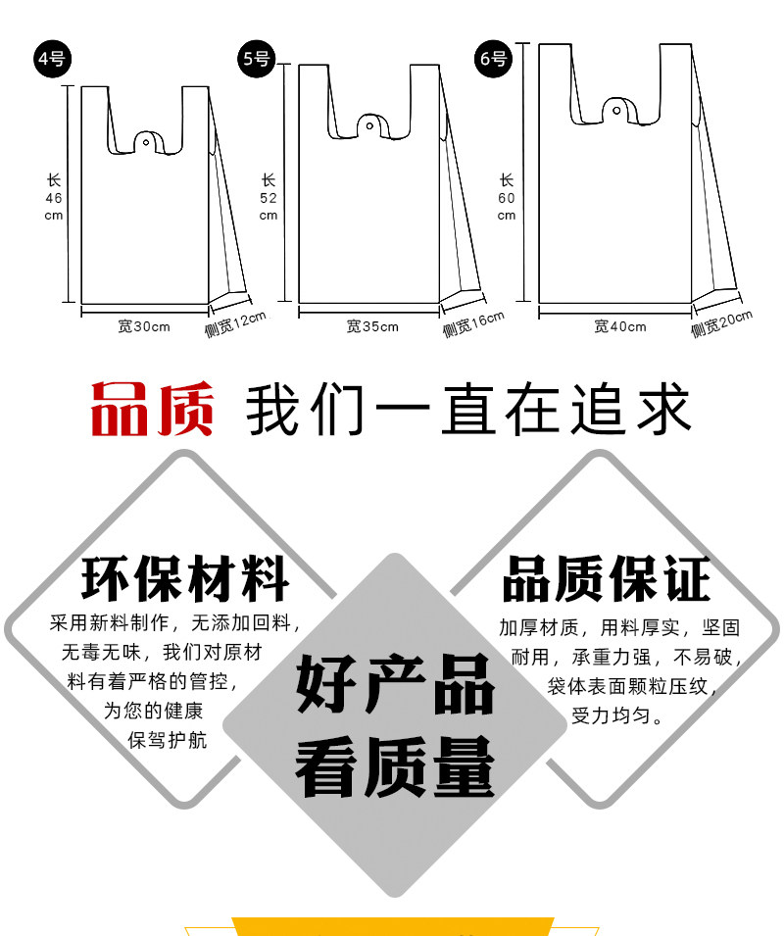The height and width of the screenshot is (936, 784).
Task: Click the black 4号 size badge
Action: click(52, 59)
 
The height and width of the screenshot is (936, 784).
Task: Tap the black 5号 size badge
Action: click(257, 59)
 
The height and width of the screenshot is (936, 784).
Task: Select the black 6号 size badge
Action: click(493, 59)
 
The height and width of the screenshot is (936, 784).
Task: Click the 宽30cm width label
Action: click(144, 326)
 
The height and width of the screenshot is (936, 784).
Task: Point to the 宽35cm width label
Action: click(372, 326)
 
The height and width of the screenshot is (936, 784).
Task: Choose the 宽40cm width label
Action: click(620, 326)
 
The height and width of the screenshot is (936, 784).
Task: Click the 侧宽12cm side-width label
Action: click(235, 323)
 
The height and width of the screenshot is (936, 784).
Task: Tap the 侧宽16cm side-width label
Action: click(473, 323)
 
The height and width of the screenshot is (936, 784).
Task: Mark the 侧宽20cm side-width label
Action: click(721, 323)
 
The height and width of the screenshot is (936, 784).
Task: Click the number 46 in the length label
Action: click(54, 198)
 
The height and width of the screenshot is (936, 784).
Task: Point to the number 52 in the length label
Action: click(269, 198)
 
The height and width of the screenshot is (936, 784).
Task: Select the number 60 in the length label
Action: click(507, 198)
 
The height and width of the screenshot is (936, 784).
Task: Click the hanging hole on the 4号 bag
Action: click(146, 143)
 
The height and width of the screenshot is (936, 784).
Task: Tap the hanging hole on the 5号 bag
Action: click(369, 126)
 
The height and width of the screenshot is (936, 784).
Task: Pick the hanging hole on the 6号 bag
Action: click(616, 111)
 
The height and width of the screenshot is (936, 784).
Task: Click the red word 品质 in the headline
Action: click(152, 410)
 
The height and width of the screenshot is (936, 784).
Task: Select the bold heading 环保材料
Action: click(185, 578)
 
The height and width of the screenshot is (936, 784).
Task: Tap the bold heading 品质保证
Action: click(607, 578)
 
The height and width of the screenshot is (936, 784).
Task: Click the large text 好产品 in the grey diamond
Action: click(395, 684)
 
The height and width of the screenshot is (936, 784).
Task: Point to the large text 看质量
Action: click(395, 766)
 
